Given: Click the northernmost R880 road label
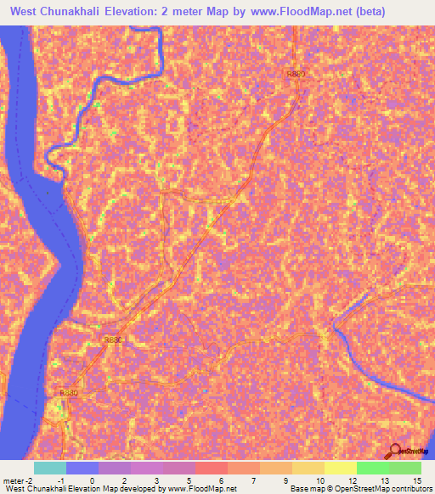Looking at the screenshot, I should (x=295, y=75).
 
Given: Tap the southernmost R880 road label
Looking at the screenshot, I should (x=70, y=393).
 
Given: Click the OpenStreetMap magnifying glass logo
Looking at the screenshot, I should (x=396, y=451).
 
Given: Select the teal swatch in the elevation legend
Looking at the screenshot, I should (x=50, y=468).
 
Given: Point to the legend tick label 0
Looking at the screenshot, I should (x=92, y=480).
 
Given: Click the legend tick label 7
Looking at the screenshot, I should (x=254, y=480).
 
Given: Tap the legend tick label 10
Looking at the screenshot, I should (x=319, y=480).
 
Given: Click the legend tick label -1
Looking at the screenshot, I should (x=59, y=480).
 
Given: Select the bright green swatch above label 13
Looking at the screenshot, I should (x=372, y=468).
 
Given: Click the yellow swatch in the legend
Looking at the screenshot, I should (x=340, y=468).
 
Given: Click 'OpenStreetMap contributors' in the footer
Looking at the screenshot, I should (x=385, y=490).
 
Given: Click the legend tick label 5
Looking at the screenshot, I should (x=189, y=480).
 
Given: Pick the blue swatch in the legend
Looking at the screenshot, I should (x=82, y=468).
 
